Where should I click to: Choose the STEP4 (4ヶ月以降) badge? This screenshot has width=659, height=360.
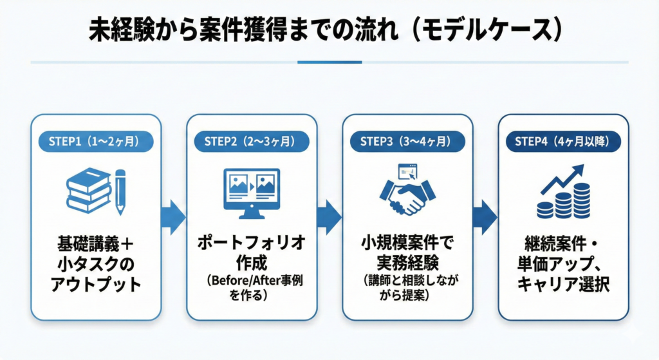click(x=563, y=140)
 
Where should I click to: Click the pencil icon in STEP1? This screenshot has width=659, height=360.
click(x=120, y=191)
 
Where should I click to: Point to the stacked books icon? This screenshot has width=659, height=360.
click(x=89, y=191)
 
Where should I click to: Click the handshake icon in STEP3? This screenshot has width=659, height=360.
click(x=407, y=195)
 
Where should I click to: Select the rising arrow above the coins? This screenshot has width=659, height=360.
click(x=562, y=178)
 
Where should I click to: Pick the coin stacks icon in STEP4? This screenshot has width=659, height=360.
click(x=564, y=202)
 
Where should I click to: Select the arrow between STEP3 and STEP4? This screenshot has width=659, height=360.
click(x=485, y=216)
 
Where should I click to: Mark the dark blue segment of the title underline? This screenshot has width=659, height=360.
click(x=329, y=62)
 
